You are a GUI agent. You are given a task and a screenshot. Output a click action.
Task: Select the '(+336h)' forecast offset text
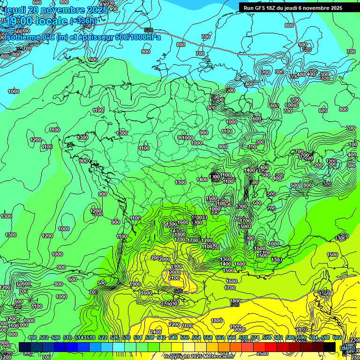(x=83, y=21)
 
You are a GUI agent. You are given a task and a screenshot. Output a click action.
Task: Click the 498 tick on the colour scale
(x=32, y=337)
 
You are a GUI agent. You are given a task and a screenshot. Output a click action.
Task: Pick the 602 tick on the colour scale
(x=337, y=337)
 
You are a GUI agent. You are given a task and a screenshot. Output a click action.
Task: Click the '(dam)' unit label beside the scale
(x=347, y=347)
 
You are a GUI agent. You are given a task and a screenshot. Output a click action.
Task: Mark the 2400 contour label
(x=156, y=332)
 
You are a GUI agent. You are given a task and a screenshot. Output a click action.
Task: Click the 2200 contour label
(x=174, y=324)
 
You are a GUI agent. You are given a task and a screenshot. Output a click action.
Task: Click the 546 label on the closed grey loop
(x=178, y=291)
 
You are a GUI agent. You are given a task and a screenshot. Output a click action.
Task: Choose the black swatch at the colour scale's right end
(x=329, y=347)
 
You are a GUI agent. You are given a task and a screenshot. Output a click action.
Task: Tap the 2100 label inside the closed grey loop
(x=173, y=278)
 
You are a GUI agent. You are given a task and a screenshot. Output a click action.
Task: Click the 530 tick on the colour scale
(x=126, y=337)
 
